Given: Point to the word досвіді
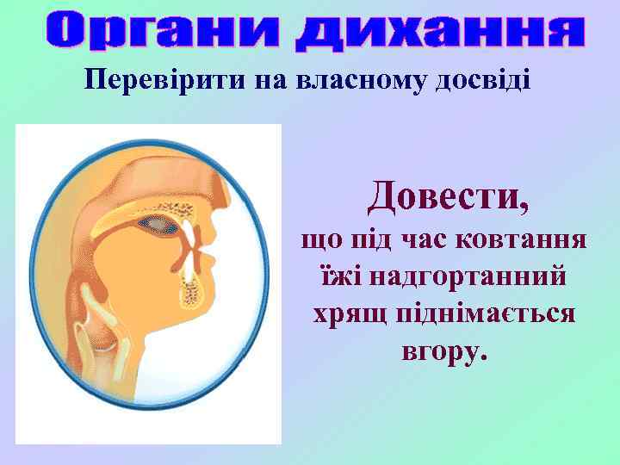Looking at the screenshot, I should coord(483,81).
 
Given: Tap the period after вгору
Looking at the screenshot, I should coord(482,356).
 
